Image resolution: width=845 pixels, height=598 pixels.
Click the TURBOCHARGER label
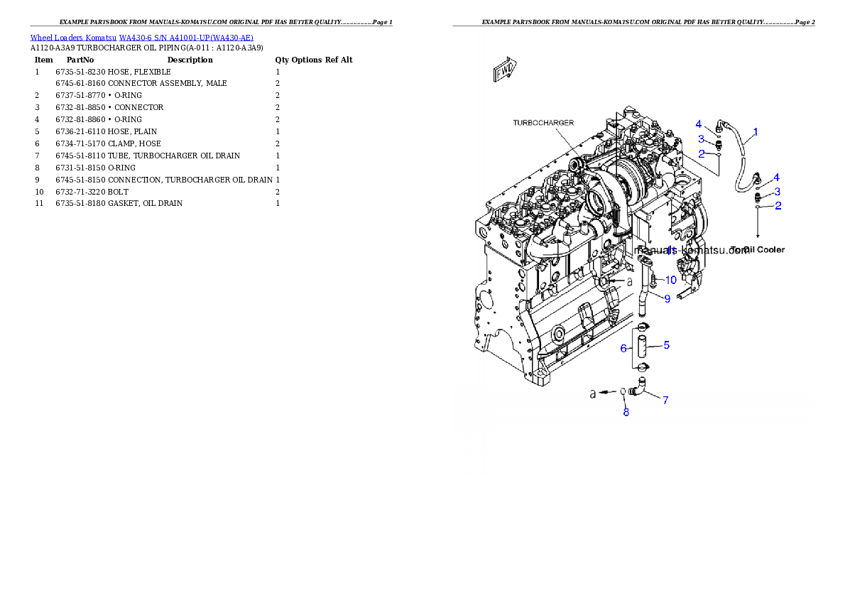[543, 123]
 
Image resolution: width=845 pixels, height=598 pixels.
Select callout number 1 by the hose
[755, 131]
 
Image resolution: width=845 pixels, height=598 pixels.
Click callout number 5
[666, 345]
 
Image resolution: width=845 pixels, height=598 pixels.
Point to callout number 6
[623, 348]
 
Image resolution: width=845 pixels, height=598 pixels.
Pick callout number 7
[665, 400]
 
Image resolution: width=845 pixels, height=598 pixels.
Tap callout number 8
[626, 412]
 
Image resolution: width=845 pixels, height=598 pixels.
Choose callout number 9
[667, 299]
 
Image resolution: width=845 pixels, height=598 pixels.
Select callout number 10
[670, 280]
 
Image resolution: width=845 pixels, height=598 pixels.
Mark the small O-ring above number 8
[623, 391]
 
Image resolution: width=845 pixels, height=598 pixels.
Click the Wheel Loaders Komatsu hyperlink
[141, 38]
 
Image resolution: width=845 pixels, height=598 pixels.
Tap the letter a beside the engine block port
[629, 282]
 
